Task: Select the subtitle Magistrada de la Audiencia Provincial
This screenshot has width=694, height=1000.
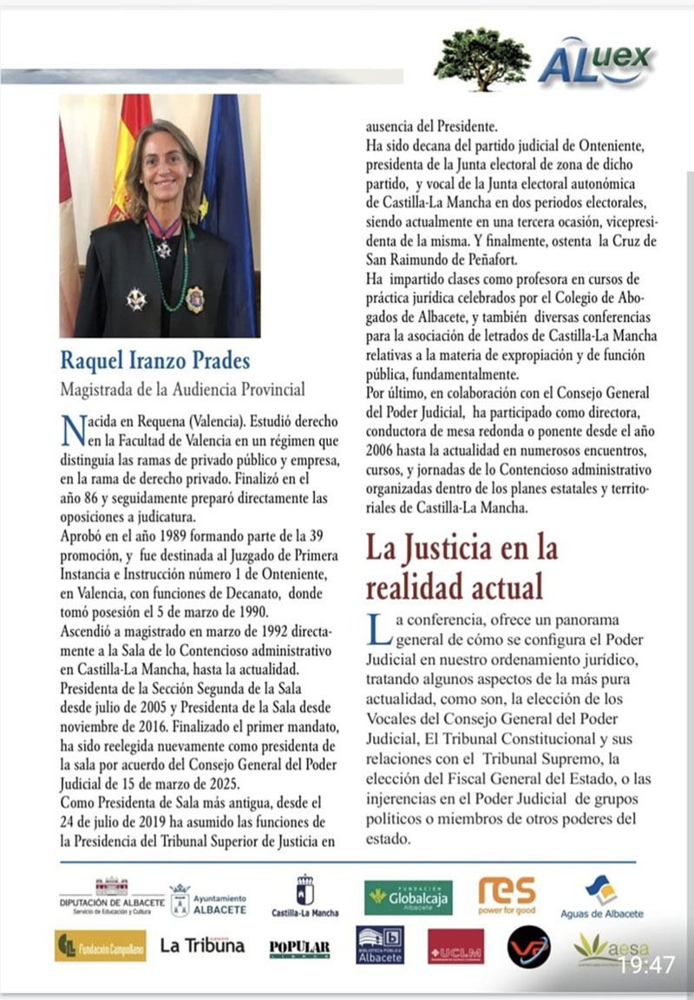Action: click(x=182, y=390)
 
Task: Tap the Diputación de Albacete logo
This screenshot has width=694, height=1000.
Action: click(x=111, y=898)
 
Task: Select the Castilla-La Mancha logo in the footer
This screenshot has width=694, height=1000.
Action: click(x=305, y=897)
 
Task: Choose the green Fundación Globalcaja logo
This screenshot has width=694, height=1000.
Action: click(x=408, y=898)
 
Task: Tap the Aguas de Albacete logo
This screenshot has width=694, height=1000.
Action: click(x=602, y=898)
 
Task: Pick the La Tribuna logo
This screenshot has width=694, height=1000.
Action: click(x=202, y=945)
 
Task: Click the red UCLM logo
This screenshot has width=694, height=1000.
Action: click(x=455, y=947)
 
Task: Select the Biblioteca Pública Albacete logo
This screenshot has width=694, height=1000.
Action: click(x=379, y=945)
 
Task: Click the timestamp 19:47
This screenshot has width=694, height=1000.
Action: click(x=646, y=965)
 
